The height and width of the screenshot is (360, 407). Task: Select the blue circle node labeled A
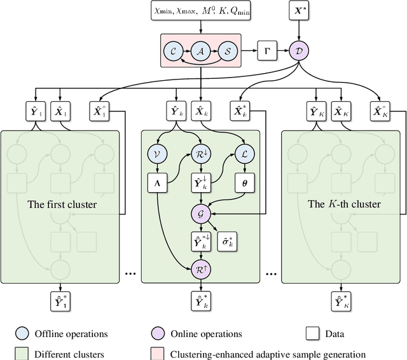pos(201,50)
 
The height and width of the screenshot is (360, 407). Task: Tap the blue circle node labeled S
pos(229,50)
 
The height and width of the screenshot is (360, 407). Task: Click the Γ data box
pos(266,50)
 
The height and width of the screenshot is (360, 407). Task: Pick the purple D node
pos(300,50)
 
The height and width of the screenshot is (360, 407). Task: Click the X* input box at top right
pos(300,12)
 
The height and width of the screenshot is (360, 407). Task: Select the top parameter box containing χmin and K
pos(201,12)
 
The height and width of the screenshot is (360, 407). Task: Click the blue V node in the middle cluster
pos(156,153)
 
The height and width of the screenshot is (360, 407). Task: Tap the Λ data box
pos(156,181)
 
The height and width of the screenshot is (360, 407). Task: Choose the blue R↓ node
pos(201,153)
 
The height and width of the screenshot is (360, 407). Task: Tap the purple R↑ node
pos(201,269)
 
